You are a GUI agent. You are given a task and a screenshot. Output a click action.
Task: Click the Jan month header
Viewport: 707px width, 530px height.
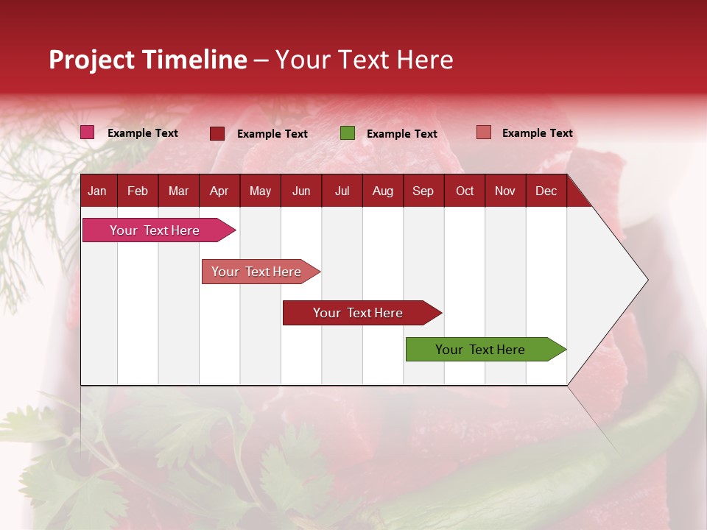click(x=97, y=191)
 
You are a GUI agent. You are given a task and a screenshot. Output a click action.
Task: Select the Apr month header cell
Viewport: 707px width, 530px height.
click(x=219, y=191)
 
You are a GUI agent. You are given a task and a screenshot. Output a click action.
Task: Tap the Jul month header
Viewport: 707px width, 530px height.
click(x=342, y=191)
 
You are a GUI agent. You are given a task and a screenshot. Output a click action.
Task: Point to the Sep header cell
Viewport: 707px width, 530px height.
click(x=423, y=191)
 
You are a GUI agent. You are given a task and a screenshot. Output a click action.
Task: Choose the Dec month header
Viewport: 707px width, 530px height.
click(x=546, y=191)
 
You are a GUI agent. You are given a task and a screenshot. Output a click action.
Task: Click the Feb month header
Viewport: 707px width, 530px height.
click(x=138, y=191)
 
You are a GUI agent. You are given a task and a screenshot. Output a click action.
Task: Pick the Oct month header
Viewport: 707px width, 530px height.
click(x=465, y=191)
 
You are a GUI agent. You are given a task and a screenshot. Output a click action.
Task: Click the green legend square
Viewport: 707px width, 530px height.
click(x=348, y=133)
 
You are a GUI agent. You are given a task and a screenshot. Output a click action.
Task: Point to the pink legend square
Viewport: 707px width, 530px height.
click(x=88, y=132)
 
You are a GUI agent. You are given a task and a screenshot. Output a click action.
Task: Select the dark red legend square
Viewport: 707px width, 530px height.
click(x=217, y=133)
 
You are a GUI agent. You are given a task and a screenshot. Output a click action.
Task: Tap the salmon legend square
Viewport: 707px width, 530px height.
click(x=484, y=132)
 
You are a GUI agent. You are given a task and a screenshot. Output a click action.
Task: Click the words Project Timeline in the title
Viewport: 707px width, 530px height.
click(x=148, y=60)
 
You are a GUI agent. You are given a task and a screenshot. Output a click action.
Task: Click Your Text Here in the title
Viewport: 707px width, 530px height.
click(x=364, y=60)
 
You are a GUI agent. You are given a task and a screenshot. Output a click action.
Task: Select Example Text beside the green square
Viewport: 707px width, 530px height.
click(x=401, y=134)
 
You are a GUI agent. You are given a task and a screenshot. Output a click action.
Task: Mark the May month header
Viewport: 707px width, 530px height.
click(x=260, y=191)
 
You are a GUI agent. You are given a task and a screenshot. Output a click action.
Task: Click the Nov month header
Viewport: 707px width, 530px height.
click(x=505, y=191)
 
